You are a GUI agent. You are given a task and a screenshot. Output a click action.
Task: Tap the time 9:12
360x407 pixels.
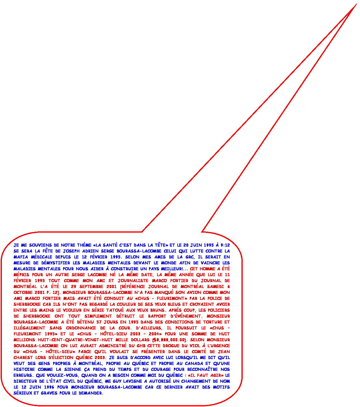[226, 245]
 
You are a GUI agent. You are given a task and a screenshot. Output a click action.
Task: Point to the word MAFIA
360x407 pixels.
[20, 257]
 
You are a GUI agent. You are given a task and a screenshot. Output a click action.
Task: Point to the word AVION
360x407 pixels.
[202, 292]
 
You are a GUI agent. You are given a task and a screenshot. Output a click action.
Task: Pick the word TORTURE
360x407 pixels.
[212, 322]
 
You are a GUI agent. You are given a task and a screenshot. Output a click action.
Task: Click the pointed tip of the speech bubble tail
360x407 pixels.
[356, 4]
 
